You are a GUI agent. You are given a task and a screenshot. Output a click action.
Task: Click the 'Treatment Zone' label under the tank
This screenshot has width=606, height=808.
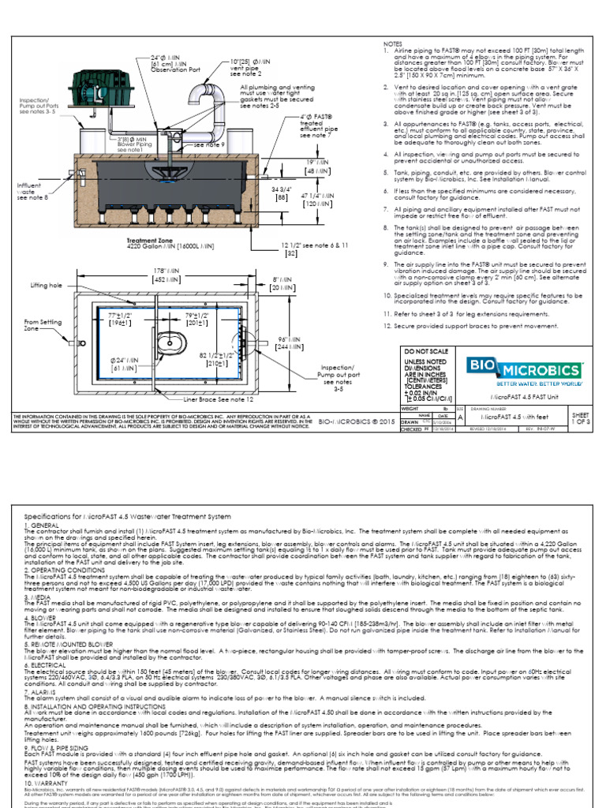(150, 241)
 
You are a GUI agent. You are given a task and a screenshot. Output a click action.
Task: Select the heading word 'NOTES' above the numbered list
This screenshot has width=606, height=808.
(392, 43)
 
